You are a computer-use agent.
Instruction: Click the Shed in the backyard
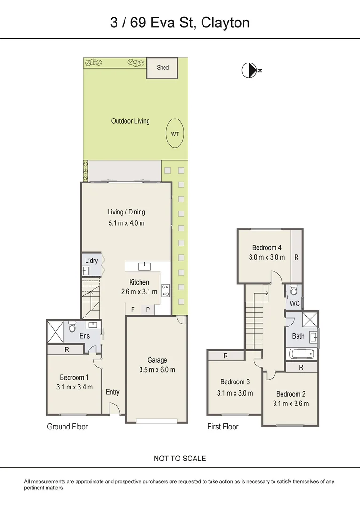click(163, 68)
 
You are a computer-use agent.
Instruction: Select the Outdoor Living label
click(130, 121)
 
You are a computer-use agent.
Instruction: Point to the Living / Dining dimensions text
click(126, 222)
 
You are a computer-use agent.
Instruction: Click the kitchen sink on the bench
click(144, 267)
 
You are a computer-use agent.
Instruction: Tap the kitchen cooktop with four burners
click(165, 290)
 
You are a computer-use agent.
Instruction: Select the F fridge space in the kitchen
click(133, 310)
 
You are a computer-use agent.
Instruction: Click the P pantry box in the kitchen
click(148, 310)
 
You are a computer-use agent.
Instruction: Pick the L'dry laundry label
click(91, 261)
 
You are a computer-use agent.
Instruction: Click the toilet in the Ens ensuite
click(72, 325)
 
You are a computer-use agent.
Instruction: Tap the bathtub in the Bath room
click(301, 354)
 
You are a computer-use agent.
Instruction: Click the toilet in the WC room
click(294, 289)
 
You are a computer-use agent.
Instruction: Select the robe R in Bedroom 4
click(296, 257)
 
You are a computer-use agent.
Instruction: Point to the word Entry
click(112, 392)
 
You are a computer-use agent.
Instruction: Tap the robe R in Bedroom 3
click(226, 356)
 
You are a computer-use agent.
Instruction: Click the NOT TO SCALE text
click(180, 458)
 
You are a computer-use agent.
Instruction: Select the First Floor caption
click(223, 427)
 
